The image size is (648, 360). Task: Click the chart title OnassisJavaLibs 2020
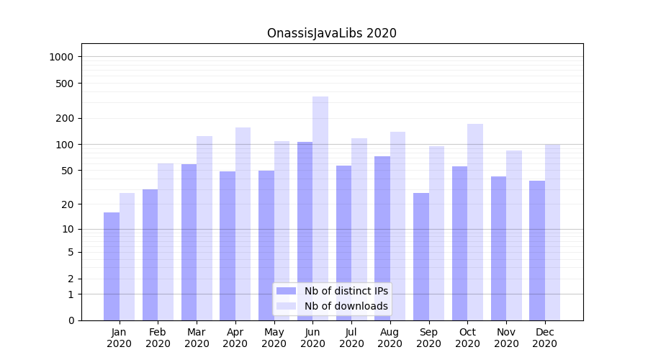click(x=331, y=33)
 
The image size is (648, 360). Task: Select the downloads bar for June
click(x=320, y=208)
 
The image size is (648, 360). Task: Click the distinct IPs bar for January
click(x=112, y=266)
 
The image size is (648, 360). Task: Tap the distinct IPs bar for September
click(x=421, y=256)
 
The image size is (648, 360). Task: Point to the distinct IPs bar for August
click(x=382, y=238)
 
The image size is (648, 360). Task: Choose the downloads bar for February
click(x=166, y=242)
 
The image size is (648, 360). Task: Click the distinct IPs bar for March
click(x=189, y=242)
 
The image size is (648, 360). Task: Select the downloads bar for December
click(x=552, y=232)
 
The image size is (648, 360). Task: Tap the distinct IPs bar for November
click(x=498, y=248)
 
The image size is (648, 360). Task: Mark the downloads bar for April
click(x=243, y=224)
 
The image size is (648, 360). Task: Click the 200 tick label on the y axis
click(x=66, y=118)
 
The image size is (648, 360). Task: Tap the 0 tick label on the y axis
click(x=71, y=320)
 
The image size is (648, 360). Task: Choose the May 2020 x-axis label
click(x=274, y=338)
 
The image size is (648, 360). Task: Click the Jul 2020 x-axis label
click(x=351, y=338)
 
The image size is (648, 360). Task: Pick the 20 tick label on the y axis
click(x=68, y=204)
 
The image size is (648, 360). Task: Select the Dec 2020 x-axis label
click(x=544, y=338)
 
